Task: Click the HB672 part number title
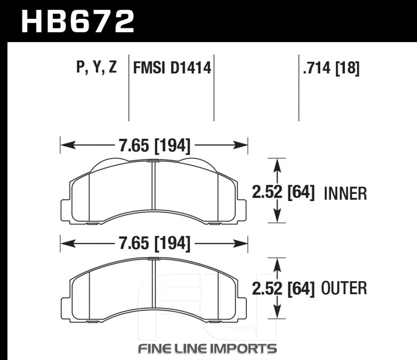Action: (x=78, y=21)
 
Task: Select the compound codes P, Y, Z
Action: (x=96, y=67)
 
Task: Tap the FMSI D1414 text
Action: (x=172, y=68)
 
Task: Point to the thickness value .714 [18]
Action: (x=332, y=68)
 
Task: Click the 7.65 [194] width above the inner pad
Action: (x=155, y=146)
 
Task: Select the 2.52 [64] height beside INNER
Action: (x=283, y=192)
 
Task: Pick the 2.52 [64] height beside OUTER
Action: (x=283, y=289)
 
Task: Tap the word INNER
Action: (x=345, y=194)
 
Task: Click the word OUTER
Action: (x=344, y=288)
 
